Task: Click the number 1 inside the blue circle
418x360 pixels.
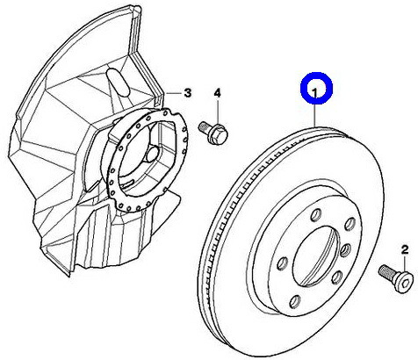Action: [315, 92]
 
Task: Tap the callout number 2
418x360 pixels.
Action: [404, 249]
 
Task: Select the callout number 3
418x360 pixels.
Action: [187, 93]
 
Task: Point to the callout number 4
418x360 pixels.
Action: [217, 93]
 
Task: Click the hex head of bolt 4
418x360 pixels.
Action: [219, 134]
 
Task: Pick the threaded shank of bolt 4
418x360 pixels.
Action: [204, 127]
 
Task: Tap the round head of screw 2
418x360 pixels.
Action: [404, 281]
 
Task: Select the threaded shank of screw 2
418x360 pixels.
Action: [386, 270]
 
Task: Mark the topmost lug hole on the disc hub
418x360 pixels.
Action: [316, 214]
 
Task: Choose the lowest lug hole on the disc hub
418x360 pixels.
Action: [295, 301]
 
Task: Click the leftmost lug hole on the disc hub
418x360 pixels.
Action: [283, 263]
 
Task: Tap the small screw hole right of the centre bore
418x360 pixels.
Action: [346, 250]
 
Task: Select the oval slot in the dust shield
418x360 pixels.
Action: [119, 82]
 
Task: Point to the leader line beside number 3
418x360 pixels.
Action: [173, 93]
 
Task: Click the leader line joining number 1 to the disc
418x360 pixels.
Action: [315, 112]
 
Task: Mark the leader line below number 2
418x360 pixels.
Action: [405, 263]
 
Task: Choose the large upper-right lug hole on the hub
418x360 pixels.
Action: [350, 224]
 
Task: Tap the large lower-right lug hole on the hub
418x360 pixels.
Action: [337, 277]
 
